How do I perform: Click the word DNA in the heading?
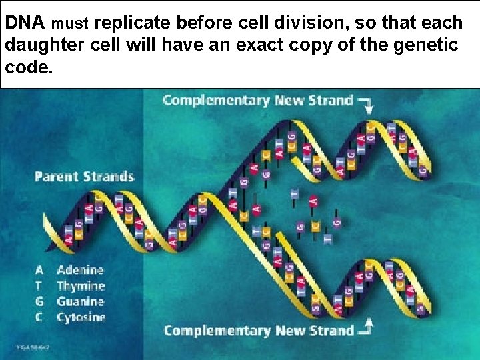click(x=25, y=23)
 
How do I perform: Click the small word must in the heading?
click(x=69, y=25)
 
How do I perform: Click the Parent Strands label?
click(x=84, y=177)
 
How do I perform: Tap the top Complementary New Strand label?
click(x=257, y=100)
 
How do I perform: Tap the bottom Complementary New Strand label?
click(x=259, y=330)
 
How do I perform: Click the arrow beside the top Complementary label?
click(x=366, y=103)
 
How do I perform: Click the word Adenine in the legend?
click(x=81, y=270)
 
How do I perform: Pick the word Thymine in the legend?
click(x=81, y=286)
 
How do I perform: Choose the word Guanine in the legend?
click(x=81, y=301)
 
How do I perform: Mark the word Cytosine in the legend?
click(x=81, y=317)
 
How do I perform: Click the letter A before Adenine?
click(x=39, y=270)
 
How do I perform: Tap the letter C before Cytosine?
click(x=39, y=317)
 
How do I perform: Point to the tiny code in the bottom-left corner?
click(x=33, y=347)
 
